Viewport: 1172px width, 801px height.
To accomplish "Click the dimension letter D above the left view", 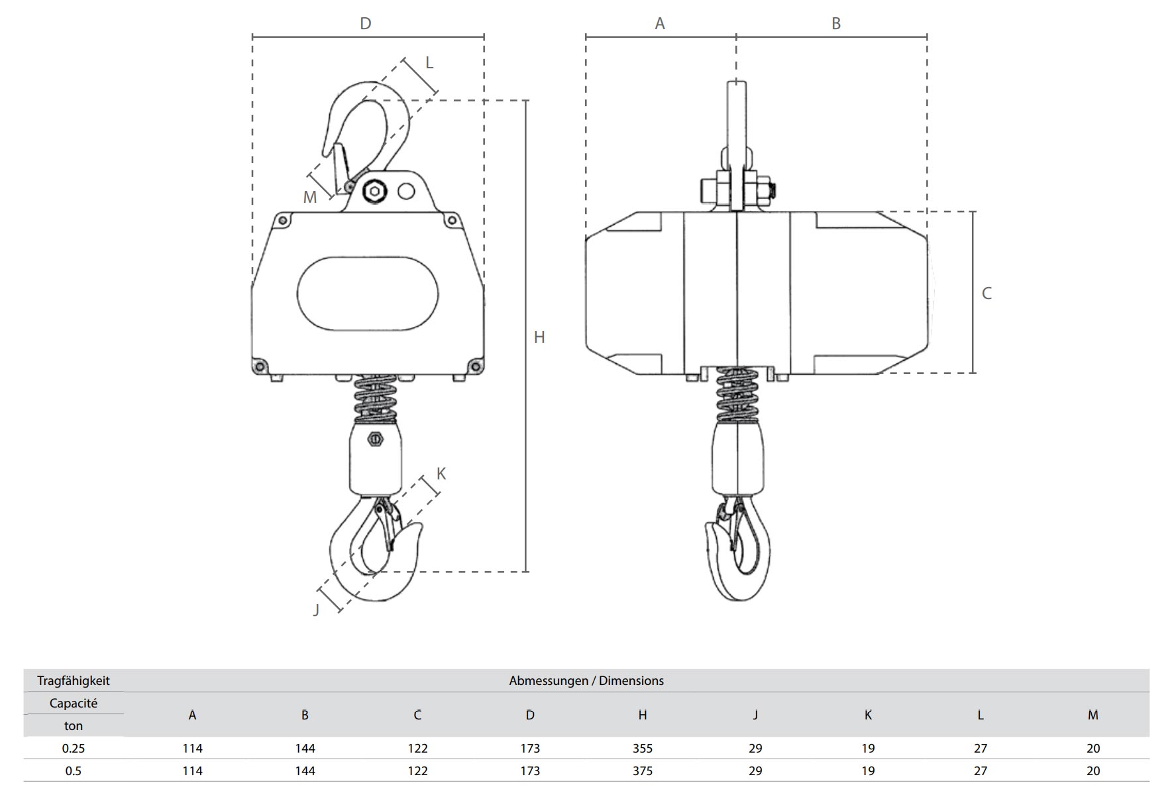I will pyautogui.click(x=365, y=24).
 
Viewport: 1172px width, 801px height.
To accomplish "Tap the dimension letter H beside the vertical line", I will pyautogui.click(x=539, y=338).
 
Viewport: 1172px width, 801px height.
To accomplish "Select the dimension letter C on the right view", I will pyautogui.click(x=986, y=294).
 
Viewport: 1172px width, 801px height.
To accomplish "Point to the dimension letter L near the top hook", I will pyautogui.click(x=429, y=63).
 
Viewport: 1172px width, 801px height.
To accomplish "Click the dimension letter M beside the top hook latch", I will pyautogui.click(x=309, y=197).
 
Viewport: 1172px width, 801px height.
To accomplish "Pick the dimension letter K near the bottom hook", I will pyautogui.click(x=441, y=474).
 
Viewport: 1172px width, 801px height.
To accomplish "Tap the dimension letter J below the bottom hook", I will pyautogui.click(x=316, y=610).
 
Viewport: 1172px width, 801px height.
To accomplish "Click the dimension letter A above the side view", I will pyautogui.click(x=660, y=24).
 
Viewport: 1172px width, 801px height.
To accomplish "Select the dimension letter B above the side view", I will pyautogui.click(x=836, y=24).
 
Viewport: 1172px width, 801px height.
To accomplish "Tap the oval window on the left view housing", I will pyautogui.click(x=368, y=294).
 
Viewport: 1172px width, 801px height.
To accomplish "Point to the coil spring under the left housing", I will pyautogui.click(x=376, y=398).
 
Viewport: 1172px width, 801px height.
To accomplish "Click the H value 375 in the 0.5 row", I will pyautogui.click(x=642, y=770).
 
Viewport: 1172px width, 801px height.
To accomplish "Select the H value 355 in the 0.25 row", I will pyautogui.click(x=642, y=748).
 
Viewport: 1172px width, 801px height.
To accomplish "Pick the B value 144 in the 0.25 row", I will pyautogui.click(x=305, y=748).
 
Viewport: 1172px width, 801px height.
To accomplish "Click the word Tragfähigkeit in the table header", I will pyautogui.click(x=74, y=680).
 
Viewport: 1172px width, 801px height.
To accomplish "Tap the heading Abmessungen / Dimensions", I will pyautogui.click(x=586, y=680).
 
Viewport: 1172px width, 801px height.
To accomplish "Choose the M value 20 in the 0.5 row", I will pyautogui.click(x=1093, y=770).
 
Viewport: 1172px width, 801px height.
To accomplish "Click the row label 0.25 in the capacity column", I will pyautogui.click(x=74, y=748).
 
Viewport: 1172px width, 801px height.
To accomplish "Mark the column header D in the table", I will pyautogui.click(x=530, y=715).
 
